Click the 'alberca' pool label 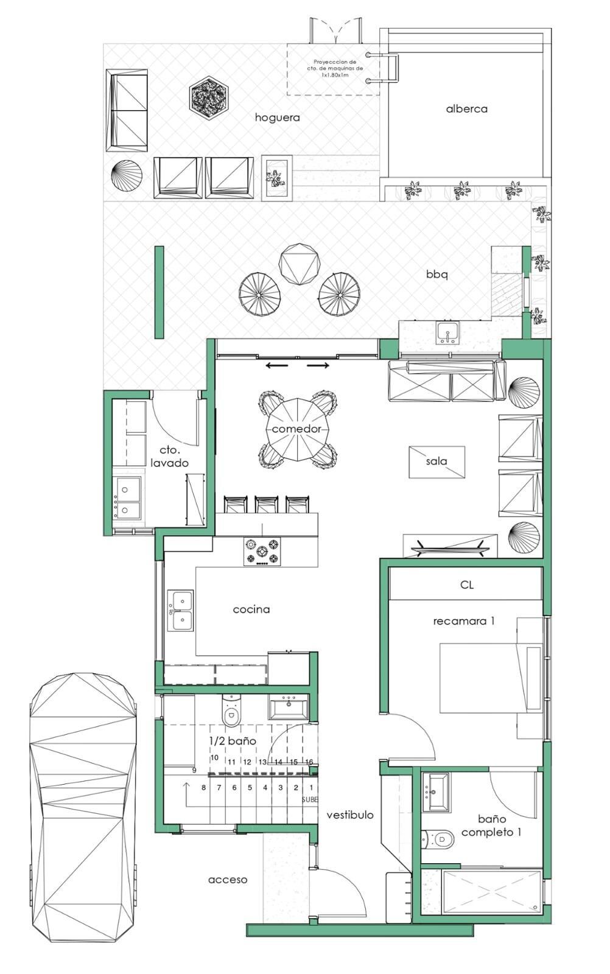click(466, 109)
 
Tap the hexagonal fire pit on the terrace click(209, 99)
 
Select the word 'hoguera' click(278, 117)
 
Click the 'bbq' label click(437, 275)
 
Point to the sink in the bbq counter click(447, 332)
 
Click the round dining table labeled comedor click(298, 429)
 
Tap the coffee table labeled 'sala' click(437, 462)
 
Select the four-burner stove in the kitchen click(262, 552)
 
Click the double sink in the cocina click(180, 610)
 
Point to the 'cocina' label click(251, 609)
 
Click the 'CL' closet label click(467, 585)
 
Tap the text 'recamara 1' click(464, 621)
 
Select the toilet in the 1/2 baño click(231, 710)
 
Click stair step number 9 click(194, 771)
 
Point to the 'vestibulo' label click(350, 815)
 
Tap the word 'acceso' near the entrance click(228, 880)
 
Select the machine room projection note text click(335, 69)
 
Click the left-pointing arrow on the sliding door click(277, 366)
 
